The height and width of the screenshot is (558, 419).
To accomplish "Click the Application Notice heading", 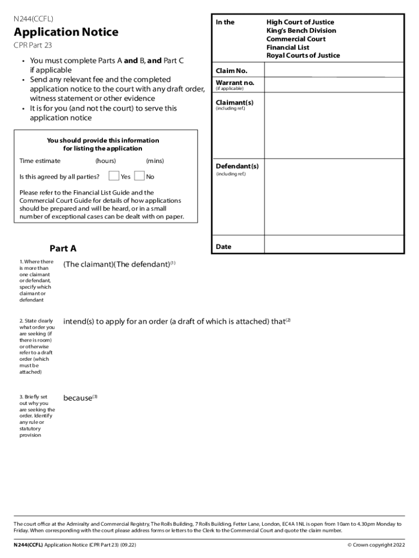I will [x=66, y=32].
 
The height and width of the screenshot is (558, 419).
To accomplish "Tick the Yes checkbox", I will [x=114, y=176].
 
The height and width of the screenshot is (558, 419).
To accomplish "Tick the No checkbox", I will [x=139, y=176].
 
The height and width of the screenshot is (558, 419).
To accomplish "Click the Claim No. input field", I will [x=334, y=70].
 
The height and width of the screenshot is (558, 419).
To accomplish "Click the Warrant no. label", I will [x=235, y=83].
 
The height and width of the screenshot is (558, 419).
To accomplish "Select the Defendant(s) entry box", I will [x=334, y=196].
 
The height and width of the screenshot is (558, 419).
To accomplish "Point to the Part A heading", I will [x=63, y=248].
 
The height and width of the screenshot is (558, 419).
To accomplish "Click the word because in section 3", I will [x=78, y=398].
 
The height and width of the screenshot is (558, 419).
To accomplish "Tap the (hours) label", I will [x=106, y=161].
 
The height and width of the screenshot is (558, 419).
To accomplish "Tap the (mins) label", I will [x=155, y=161].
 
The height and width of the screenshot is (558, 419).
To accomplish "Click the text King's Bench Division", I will [x=301, y=31].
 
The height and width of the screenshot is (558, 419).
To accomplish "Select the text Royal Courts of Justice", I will [x=303, y=55].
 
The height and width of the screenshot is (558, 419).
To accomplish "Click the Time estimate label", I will [x=40, y=161].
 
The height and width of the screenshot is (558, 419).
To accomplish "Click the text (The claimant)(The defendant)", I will [x=117, y=264].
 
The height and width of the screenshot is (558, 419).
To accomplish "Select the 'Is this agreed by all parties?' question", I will [x=59, y=177].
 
